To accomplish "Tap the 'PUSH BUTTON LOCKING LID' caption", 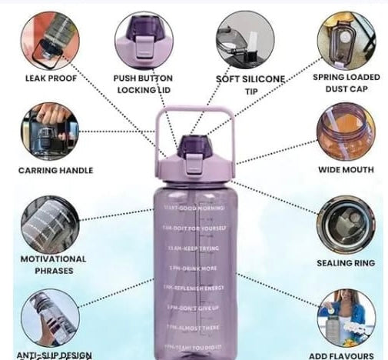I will click(143, 83).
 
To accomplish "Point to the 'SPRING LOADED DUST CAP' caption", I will click(346, 83).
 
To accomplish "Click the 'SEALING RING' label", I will click(346, 263).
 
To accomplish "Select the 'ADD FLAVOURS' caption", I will click(346, 355).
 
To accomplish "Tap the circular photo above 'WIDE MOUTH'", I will click(346, 131).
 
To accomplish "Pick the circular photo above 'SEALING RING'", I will click(346, 224).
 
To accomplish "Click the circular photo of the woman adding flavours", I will click(346, 317).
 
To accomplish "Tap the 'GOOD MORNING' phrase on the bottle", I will click(195, 208).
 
